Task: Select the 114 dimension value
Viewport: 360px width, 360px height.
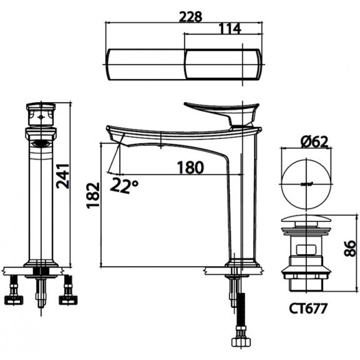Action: coord(230,29)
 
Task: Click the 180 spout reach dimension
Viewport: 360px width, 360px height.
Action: coord(190,167)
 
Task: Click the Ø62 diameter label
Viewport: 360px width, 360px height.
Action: coord(315,142)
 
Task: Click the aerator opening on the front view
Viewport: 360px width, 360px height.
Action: coord(41,143)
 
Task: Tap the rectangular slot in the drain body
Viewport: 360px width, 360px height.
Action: coord(306,251)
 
